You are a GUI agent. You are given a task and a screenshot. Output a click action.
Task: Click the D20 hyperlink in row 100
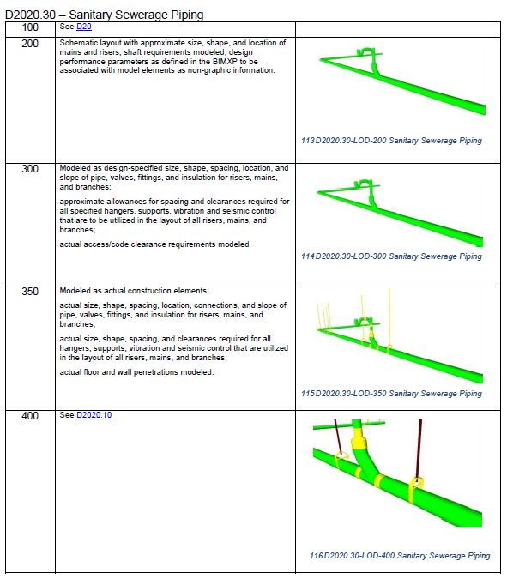coord(84,27)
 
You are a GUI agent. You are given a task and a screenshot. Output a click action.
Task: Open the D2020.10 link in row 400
coord(94,415)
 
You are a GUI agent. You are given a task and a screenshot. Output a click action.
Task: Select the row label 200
coord(30,43)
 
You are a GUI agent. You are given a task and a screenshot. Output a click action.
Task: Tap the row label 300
coord(30,169)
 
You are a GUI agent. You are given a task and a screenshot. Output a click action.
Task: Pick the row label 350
coord(30,293)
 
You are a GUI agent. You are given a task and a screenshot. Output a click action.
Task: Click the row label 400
coord(30,416)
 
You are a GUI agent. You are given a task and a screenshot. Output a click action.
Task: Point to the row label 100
coord(30,27)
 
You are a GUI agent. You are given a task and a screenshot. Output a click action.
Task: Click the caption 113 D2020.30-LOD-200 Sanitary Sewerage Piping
coord(391,141)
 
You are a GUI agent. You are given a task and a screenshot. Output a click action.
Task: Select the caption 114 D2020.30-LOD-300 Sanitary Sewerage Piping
coord(391,256)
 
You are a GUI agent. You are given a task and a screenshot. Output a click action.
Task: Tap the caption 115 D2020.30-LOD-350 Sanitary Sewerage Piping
coord(391,394)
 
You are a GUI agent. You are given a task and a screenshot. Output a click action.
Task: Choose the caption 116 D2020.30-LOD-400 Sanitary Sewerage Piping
coord(400,556)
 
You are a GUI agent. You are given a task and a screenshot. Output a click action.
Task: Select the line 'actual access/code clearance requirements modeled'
coord(154,244)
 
